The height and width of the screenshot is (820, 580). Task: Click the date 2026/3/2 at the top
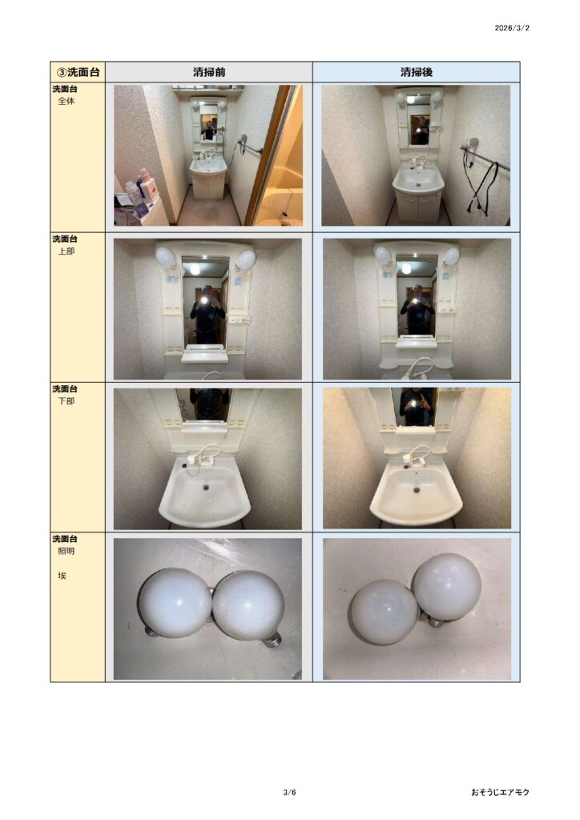coord(511,28)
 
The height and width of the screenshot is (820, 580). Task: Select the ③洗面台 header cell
coord(78,72)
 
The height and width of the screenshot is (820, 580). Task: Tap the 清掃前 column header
coord(209,72)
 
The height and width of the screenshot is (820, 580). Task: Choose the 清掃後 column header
coord(417,72)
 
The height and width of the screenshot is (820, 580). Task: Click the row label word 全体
coord(66,102)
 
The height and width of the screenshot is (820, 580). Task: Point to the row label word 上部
coord(66,251)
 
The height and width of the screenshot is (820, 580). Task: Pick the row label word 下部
coord(66,401)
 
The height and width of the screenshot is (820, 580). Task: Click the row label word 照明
coord(66,551)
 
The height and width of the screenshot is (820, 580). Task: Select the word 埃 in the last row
coord(62,576)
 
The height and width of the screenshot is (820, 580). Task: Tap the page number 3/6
coord(290,792)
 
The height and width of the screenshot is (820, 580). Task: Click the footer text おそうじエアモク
coord(500,792)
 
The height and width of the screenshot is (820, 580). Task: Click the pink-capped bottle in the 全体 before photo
coord(148,185)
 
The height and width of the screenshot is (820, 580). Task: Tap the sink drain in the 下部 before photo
coord(206,488)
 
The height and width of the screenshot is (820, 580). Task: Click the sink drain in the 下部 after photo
coord(417,490)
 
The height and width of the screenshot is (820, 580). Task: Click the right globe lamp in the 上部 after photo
coord(451,255)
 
